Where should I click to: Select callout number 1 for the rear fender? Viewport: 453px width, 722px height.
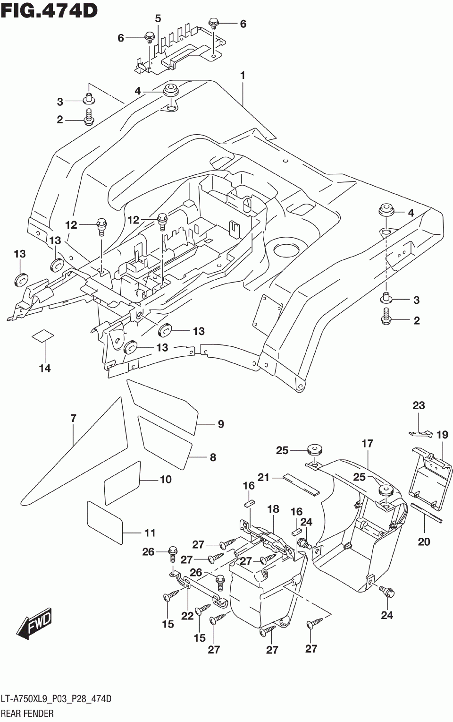click(x=243, y=76)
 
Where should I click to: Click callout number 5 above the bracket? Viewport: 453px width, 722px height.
click(x=158, y=19)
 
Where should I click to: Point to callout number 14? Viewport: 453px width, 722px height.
click(x=45, y=368)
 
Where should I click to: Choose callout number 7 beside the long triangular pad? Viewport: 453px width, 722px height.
click(x=74, y=419)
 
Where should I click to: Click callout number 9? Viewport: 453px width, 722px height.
click(x=221, y=424)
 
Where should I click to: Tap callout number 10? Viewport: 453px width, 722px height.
click(x=166, y=480)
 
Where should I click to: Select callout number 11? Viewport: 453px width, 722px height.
click(x=150, y=533)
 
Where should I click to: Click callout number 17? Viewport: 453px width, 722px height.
click(x=368, y=444)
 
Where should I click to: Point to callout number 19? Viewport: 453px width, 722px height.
click(x=442, y=435)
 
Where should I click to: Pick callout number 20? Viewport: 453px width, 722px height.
click(x=424, y=542)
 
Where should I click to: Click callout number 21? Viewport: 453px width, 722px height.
click(x=264, y=477)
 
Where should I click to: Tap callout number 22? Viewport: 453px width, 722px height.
click(x=187, y=616)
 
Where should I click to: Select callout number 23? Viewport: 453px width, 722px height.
click(x=419, y=405)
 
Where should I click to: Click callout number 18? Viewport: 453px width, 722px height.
click(x=273, y=509)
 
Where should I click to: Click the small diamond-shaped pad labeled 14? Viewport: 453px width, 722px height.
click(x=43, y=335)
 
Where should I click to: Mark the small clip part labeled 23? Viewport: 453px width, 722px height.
click(x=420, y=433)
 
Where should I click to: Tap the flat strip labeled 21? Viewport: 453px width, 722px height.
click(x=301, y=485)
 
